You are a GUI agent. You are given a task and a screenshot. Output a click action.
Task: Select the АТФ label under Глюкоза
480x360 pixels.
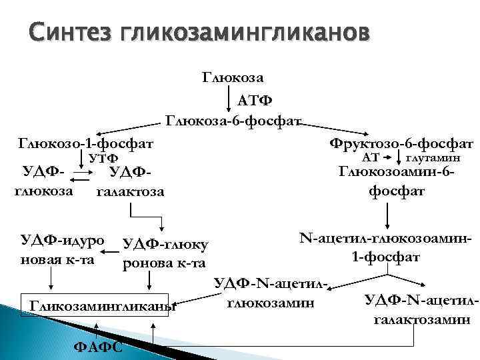[x=255, y=101]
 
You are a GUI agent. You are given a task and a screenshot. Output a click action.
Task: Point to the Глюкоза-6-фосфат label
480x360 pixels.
[x=234, y=121]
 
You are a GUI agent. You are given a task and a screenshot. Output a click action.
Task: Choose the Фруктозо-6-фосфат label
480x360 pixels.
[x=401, y=143]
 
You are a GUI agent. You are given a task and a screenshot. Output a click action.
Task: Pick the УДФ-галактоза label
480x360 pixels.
[x=131, y=182]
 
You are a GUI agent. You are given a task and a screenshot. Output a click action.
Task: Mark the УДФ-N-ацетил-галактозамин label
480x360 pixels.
[x=421, y=309]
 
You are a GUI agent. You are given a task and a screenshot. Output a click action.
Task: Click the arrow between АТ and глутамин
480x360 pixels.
[x=393, y=159]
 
